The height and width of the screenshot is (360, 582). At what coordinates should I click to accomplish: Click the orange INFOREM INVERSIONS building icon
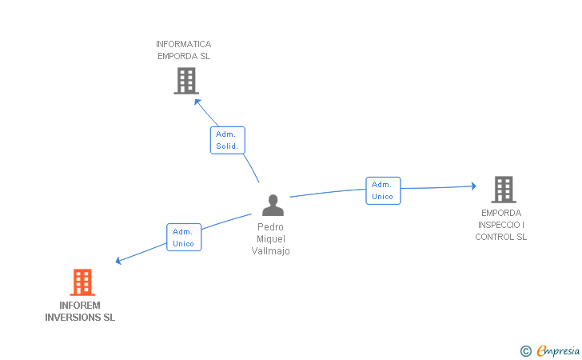[82, 282]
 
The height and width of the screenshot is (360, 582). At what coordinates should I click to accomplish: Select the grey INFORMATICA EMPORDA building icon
[186, 81]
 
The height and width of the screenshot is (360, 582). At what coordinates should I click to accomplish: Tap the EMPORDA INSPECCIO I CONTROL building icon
[504, 190]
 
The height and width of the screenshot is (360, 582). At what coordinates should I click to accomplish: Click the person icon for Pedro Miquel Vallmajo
[273, 205]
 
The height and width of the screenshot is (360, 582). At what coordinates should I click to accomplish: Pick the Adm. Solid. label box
[228, 140]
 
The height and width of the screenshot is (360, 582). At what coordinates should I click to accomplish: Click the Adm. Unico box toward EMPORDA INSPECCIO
[383, 190]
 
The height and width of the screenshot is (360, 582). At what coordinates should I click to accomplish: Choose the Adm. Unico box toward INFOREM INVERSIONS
[184, 237]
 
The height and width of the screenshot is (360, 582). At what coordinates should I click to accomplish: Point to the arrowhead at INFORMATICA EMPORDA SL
[197, 102]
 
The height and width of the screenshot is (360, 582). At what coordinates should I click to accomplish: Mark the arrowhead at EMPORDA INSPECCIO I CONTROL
[473, 186]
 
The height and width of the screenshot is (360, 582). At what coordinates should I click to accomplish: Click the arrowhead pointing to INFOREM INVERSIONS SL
[118, 261]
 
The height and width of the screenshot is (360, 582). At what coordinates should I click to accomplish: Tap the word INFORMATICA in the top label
[183, 44]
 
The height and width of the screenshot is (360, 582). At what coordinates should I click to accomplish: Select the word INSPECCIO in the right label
[499, 225]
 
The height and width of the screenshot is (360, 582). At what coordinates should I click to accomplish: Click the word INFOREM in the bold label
[80, 306]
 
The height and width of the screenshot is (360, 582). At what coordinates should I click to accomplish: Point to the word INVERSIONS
[73, 318]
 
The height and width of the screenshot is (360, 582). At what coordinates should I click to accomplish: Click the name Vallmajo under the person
[270, 251]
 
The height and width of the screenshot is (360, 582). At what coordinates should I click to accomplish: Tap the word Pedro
[270, 227]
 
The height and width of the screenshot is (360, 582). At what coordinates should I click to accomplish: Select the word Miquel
[271, 239]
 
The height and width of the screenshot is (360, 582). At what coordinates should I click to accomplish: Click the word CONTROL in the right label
[494, 237]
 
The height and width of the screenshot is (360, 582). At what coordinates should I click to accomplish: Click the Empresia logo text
[558, 350]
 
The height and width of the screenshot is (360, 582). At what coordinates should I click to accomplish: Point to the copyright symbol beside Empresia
[526, 351]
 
